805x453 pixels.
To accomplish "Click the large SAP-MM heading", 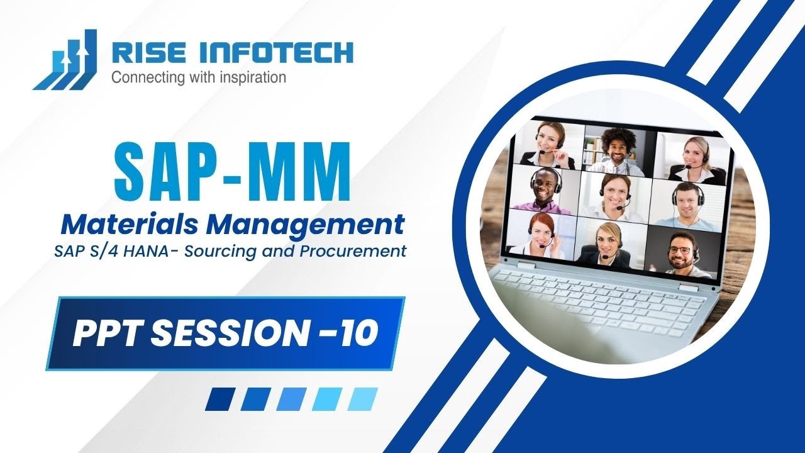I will tap(232, 172).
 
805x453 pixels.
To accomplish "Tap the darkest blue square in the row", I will tap(219, 399).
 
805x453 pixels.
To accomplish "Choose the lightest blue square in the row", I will tap(363, 399).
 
